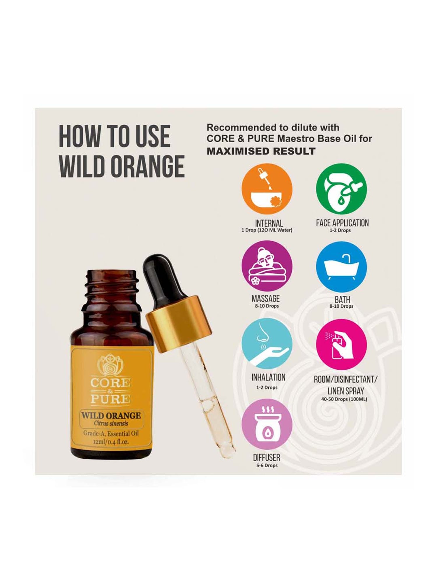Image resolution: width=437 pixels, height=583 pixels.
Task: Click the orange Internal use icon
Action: coord(267,189)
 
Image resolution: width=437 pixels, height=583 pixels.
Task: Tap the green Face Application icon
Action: coord(341,189)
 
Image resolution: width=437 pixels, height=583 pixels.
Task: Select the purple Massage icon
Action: coord(267,266)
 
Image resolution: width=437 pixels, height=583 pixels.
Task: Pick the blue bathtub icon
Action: coord(341,267)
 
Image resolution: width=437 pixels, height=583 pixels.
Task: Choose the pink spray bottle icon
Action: coord(341,344)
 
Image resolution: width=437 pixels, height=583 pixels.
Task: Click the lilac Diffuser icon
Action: coord(267,424)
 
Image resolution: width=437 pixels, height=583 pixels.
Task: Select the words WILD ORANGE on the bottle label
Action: coord(111,416)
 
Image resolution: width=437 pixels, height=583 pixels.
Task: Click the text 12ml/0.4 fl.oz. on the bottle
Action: coord(111,442)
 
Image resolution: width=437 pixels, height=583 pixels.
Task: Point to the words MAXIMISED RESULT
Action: coord(261,151)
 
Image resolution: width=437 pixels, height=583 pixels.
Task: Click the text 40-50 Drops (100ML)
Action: coord(344,399)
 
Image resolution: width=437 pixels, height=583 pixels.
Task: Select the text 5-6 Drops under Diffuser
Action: coord(267,466)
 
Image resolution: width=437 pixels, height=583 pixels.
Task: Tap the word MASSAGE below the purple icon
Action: coord(265,298)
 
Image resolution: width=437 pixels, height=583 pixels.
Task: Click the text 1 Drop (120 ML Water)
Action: coord(267,230)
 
